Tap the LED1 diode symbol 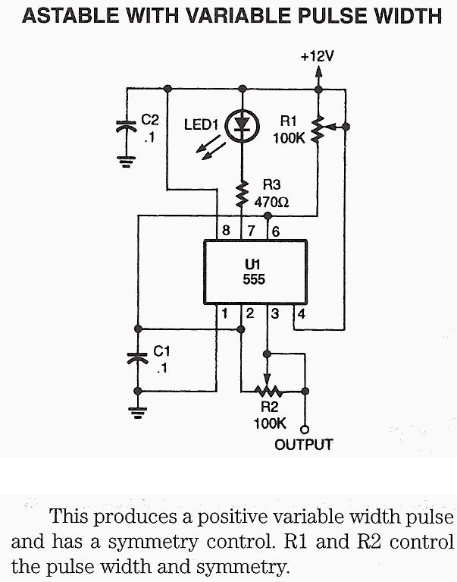coord(243,126)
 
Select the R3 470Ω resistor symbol coord(243,193)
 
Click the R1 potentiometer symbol coord(319,129)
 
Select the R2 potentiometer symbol coord(267,391)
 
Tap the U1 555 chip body coord(254,271)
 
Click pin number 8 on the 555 coord(226,230)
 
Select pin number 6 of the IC coord(275,230)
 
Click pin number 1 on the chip coord(225,312)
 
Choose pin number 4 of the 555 coord(300,312)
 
